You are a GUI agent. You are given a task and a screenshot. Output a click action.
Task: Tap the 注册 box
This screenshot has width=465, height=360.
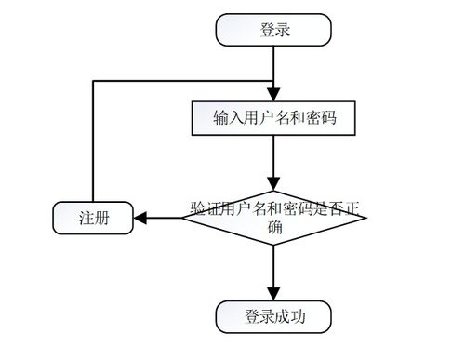point(93,219)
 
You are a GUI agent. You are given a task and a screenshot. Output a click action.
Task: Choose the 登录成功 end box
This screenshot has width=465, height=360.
point(273,316)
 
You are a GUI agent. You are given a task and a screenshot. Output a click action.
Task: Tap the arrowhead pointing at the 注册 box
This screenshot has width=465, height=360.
point(140,219)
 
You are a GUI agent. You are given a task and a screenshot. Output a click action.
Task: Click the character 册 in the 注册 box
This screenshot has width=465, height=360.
point(100,219)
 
